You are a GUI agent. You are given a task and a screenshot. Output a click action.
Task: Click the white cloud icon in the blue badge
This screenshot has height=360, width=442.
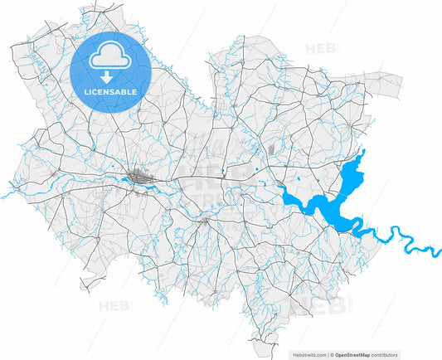tap(109, 56)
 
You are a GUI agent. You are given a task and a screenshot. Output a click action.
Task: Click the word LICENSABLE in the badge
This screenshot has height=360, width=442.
tap(109, 90)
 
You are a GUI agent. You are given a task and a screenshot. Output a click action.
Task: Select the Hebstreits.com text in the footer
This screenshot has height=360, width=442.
tap(311, 354)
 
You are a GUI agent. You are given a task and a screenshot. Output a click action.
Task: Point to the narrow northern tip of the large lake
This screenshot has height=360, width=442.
tap(362, 153)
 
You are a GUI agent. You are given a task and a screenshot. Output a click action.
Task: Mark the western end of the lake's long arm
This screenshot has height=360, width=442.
tap(282, 191)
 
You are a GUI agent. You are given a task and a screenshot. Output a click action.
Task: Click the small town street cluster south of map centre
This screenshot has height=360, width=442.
tap(205, 221)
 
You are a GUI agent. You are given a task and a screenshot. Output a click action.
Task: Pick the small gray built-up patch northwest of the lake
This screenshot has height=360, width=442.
tap(271, 149)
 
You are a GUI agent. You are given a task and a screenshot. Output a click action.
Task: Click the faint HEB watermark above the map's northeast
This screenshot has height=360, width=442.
tap(318, 46)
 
